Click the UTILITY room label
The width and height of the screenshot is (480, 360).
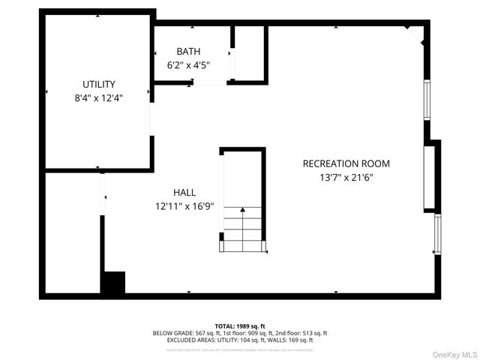(x=98, y=85)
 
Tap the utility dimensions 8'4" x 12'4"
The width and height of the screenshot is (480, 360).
(x=98, y=97)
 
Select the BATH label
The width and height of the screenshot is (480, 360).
(x=188, y=52)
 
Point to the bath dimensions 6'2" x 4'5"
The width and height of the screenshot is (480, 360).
(x=188, y=64)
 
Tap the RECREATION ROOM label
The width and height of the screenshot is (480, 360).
(x=346, y=163)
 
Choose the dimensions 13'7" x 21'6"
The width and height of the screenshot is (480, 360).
(x=346, y=178)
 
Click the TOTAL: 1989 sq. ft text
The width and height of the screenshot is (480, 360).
(x=240, y=326)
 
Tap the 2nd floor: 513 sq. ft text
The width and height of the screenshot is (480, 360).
(x=304, y=333)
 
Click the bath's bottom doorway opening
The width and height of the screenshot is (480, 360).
(x=211, y=82)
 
